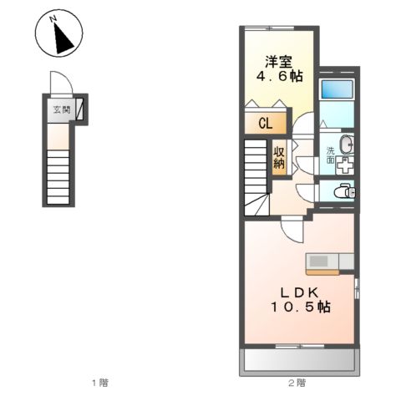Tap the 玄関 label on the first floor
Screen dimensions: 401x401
pyautogui.click(x=62, y=109)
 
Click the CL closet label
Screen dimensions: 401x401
pyautogui.click(x=266, y=124)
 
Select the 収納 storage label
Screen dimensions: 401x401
pyautogui.click(x=279, y=157)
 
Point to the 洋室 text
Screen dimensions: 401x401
pyautogui.click(x=278, y=62)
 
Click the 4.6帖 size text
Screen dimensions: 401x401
pyautogui.click(x=279, y=76)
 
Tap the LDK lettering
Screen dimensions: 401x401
pyautogui.click(x=299, y=292)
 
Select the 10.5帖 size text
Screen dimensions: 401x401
pyautogui.click(x=301, y=307)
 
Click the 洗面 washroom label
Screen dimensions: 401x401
pyautogui.click(x=331, y=155)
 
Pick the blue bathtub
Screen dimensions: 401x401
pyautogui.click(x=338, y=89)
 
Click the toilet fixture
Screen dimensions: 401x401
pyautogui.click(x=345, y=191)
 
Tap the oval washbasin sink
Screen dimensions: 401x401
pyautogui.click(x=347, y=145)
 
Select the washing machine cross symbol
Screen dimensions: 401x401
pyautogui.click(x=345, y=165)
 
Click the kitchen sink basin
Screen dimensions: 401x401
pyautogui.click(x=319, y=261)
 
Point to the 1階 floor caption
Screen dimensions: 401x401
pyautogui.click(x=100, y=383)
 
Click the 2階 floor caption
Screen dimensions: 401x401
pyautogui.click(x=297, y=383)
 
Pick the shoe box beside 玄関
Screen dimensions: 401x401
pyautogui.click(x=80, y=109)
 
